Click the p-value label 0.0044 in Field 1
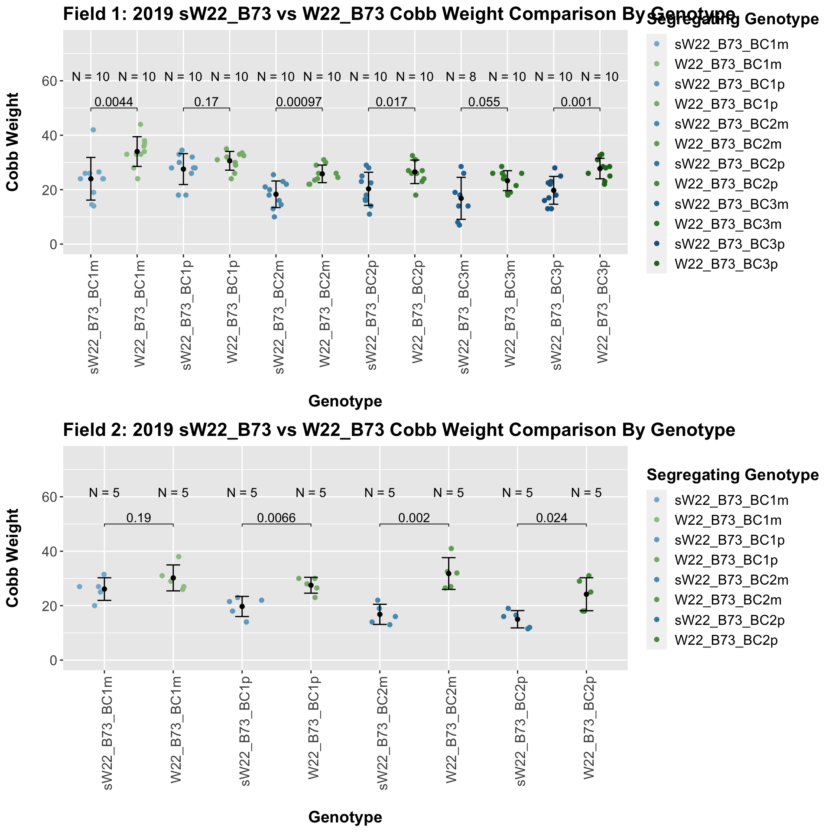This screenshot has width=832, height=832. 114,102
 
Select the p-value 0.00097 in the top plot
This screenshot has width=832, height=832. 299,102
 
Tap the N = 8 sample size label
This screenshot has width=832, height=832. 461,77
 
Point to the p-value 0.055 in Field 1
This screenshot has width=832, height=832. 484,102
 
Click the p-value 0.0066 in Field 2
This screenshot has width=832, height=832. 276,518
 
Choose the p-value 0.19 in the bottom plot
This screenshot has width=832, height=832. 139,518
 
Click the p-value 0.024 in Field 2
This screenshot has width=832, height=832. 552,518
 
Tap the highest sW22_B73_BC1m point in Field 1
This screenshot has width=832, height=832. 93,130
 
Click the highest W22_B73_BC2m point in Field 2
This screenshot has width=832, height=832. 451,549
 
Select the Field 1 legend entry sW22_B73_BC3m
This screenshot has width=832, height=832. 731,204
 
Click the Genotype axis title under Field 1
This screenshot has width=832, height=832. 345,402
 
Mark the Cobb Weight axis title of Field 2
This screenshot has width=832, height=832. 13,558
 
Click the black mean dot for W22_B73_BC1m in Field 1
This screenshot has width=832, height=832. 137,151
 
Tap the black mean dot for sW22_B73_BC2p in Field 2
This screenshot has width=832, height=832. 517,619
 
